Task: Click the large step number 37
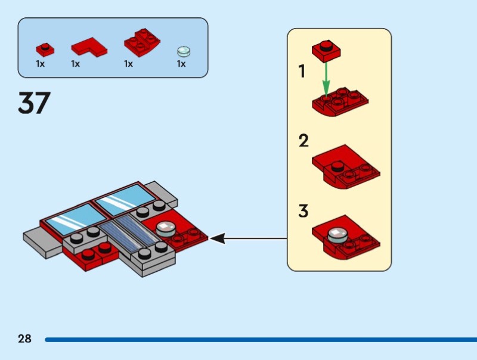click(x=34, y=104)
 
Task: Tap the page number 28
click(x=24, y=339)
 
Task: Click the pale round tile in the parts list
click(x=182, y=51)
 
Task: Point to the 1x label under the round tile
click(x=181, y=64)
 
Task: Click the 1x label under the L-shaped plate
click(x=76, y=64)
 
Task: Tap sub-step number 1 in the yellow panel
click(x=302, y=72)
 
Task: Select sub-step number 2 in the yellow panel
click(x=304, y=142)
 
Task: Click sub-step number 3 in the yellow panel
click(x=304, y=211)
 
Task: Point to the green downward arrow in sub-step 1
click(x=326, y=77)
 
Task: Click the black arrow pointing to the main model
click(x=247, y=238)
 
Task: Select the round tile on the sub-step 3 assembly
click(x=336, y=234)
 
